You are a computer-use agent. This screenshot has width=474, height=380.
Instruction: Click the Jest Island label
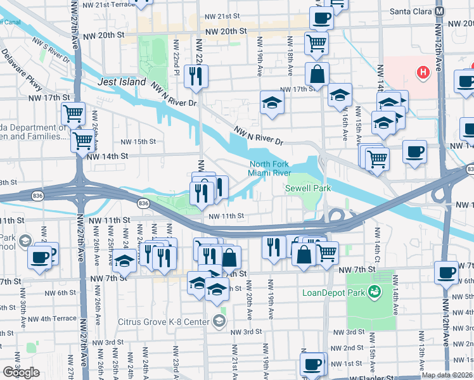[x=122, y=82]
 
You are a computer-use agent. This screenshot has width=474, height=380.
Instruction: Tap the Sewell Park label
[x=308, y=188]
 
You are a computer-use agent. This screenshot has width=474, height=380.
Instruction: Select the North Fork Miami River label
[x=269, y=169]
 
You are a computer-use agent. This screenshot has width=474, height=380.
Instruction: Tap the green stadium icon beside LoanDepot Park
[x=375, y=291]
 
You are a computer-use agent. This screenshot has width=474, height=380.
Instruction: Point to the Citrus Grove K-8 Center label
[x=163, y=322]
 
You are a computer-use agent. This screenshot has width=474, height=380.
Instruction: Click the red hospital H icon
[x=423, y=72]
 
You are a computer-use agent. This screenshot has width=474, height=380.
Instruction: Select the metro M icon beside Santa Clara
[x=440, y=11]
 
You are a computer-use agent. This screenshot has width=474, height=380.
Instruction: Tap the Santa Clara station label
[x=410, y=11]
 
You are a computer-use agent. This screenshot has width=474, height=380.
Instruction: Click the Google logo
[x=21, y=372]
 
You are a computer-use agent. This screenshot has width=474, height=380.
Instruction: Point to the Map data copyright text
[x=447, y=375]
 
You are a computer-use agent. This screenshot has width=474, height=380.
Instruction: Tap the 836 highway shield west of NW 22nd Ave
[x=143, y=203]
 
